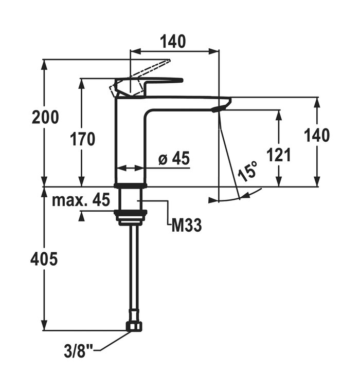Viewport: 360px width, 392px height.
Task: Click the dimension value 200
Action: [x=45, y=118]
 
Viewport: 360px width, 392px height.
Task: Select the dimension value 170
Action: [x=83, y=139]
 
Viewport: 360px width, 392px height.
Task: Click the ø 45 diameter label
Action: [x=174, y=159]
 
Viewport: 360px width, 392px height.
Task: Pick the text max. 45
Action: [x=81, y=200]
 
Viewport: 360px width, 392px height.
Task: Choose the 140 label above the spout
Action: [x=174, y=41]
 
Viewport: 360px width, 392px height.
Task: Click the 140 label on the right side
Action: [x=316, y=136]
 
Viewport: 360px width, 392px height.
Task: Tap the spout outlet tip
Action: [x=221, y=107]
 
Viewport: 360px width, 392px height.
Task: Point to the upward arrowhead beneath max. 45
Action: [x=81, y=217]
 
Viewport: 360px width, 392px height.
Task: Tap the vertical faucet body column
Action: [x=130, y=144]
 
